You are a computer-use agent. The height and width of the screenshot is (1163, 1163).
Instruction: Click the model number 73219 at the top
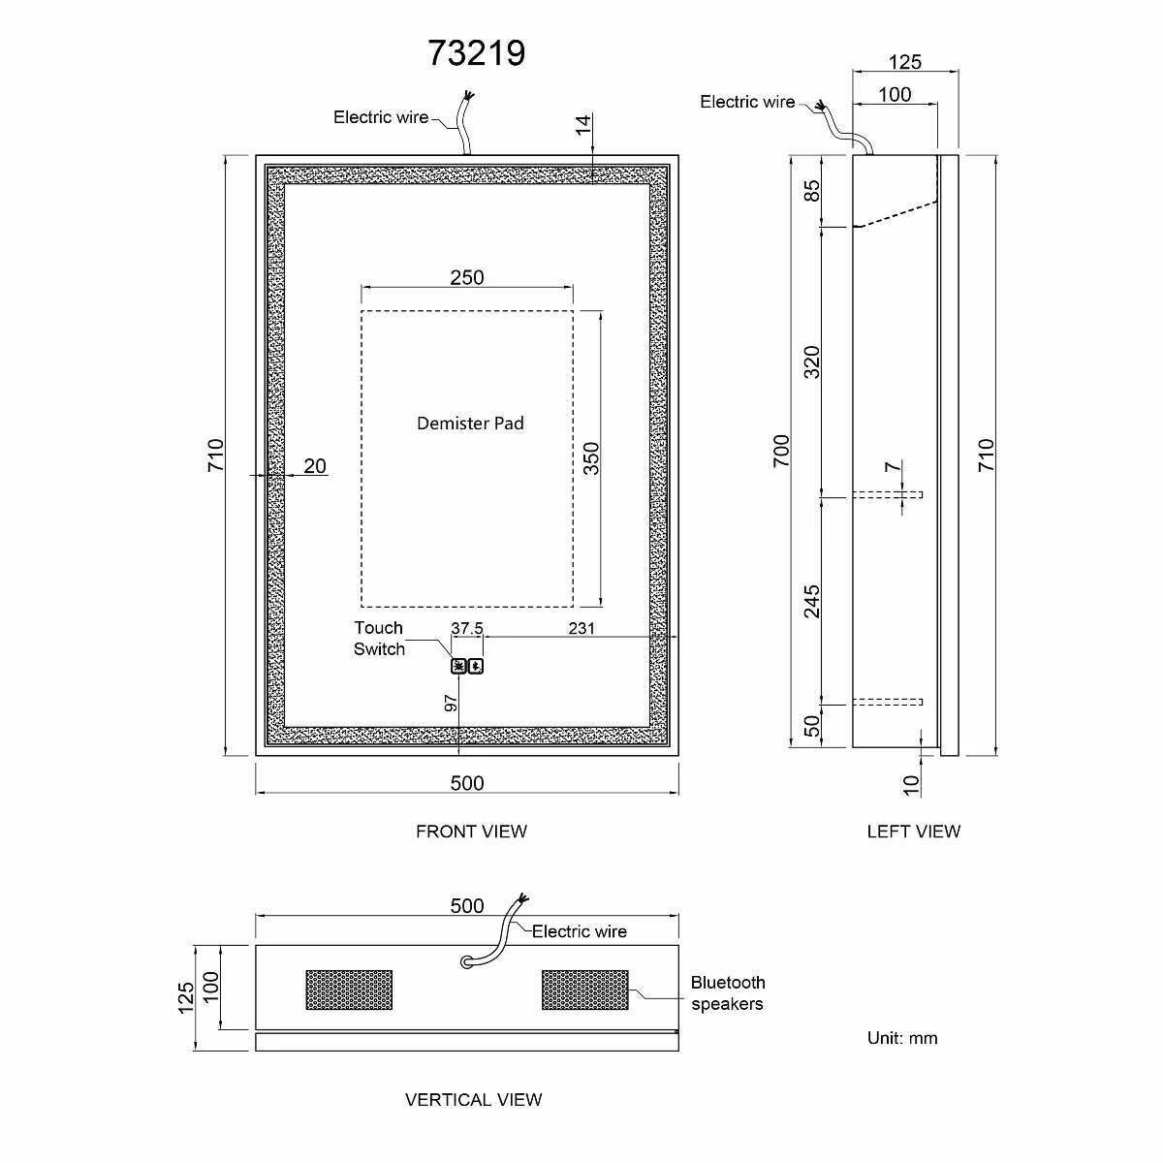point(477,52)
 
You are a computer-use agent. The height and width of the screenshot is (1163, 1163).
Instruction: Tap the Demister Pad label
point(470,423)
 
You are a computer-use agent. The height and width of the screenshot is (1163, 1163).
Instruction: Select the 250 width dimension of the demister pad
point(466,277)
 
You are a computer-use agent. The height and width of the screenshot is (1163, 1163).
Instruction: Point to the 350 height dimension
point(591,457)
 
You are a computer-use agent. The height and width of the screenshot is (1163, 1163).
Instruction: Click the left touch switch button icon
point(458,666)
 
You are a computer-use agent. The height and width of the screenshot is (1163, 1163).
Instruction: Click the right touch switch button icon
point(475,666)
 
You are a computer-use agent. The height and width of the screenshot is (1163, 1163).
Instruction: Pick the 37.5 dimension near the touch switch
point(467,628)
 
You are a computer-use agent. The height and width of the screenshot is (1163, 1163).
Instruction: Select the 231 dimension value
point(581,628)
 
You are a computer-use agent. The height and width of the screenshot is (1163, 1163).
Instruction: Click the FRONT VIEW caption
point(471,831)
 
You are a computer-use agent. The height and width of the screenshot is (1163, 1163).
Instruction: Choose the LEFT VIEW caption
point(913,831)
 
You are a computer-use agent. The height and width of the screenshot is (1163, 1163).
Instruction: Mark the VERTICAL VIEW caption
point(473,1099)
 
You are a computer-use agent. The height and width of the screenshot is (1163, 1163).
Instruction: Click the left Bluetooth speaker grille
point(350,990)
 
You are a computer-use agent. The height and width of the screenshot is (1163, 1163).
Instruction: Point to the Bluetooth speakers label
point(728,993)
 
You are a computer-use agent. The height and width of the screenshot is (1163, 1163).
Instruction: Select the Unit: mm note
point(902,1038)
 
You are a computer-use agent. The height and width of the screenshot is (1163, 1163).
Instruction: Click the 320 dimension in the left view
point(812,361)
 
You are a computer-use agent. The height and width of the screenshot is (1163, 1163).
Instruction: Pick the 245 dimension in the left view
point(812,601)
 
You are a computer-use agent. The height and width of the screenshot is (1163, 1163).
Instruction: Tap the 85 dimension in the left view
point(812,191)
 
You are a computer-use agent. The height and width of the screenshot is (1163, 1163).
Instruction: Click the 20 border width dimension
point(315,466)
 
